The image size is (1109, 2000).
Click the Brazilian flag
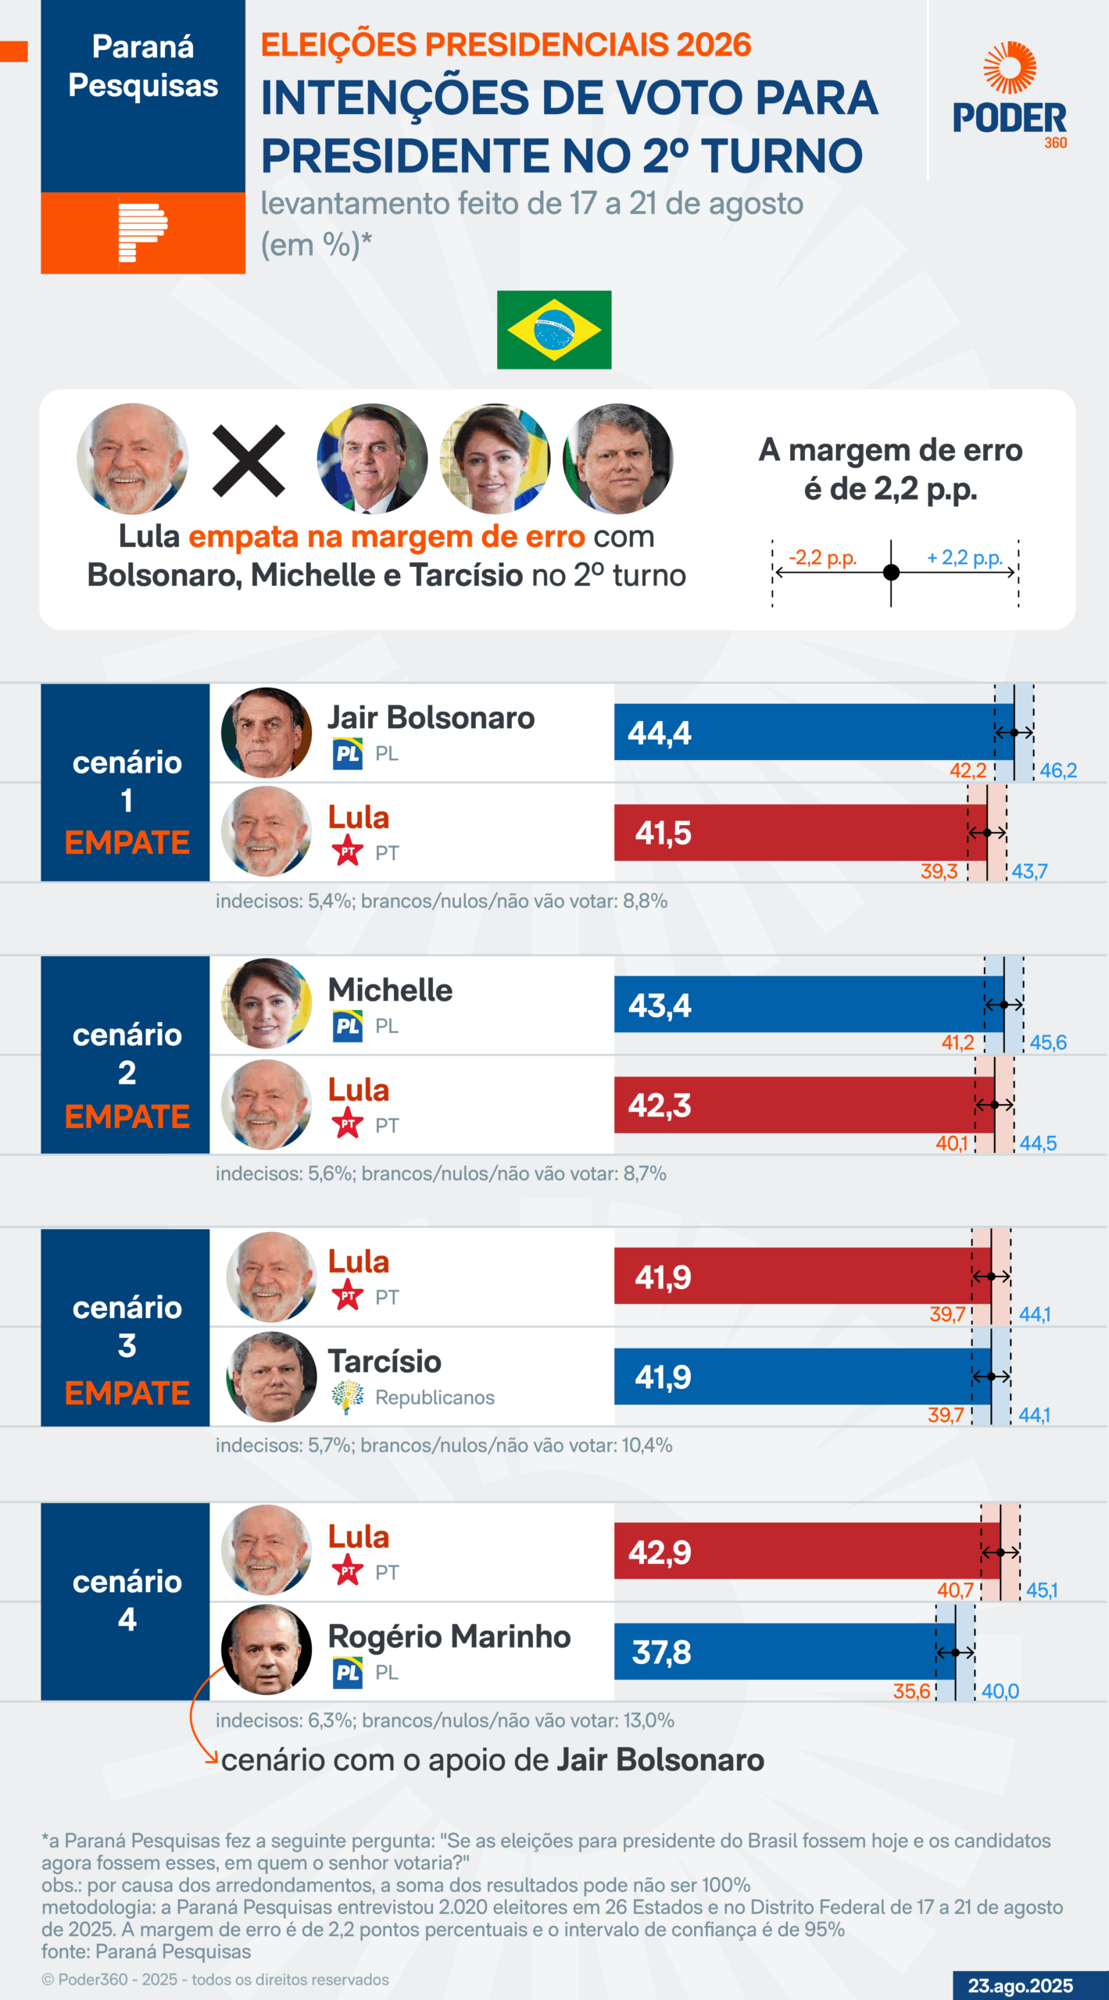click(x=554, y=330)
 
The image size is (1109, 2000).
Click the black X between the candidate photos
click(x=249, y=461)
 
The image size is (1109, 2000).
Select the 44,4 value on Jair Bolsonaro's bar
click(x=660, y=733)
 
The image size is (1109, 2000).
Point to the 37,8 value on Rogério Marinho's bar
click(x=661, y=1652)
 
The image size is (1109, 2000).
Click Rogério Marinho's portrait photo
click(x=267, y=1649)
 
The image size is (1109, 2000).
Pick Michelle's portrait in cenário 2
click(x=267, y=1004)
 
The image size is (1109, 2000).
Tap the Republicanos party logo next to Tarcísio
click(x=347, y=1397)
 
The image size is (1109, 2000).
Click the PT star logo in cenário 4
click(x=347, y=1570)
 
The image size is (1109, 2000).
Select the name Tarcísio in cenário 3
click(x=385, y=1361)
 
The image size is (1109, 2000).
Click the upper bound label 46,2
click(x=1058, y=770)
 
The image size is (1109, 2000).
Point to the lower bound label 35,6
click(x=911, y=1691)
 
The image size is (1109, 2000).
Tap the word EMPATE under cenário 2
click(x=127, y=1116)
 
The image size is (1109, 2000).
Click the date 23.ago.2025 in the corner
click(x=1020, y=1985)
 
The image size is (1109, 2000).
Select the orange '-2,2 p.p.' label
click(x=822, y=558)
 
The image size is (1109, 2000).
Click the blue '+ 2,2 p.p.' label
click(x=964, y=558)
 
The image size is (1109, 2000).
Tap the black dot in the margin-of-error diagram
click(x=891, y=573)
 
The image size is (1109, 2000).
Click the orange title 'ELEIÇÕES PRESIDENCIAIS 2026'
click(x=506, y=45)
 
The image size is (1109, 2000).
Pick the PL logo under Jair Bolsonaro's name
click(x=347, y=754)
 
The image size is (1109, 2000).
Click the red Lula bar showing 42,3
click(x=803, y=1105)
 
